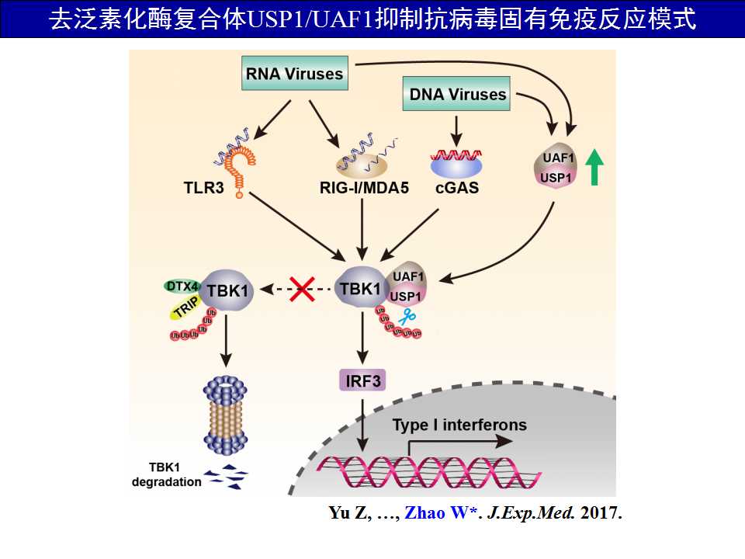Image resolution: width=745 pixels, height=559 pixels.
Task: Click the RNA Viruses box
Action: (294, 75)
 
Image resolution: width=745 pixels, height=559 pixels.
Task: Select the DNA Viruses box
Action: (458, 95)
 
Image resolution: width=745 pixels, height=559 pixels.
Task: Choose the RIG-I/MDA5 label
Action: (362, 188)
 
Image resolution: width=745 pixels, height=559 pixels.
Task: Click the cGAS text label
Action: (457, 188)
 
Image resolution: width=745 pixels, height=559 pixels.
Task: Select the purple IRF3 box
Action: (362, 380)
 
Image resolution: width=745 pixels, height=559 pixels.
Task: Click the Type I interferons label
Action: (459, 425)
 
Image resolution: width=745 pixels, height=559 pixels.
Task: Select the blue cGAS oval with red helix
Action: (456, 161)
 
